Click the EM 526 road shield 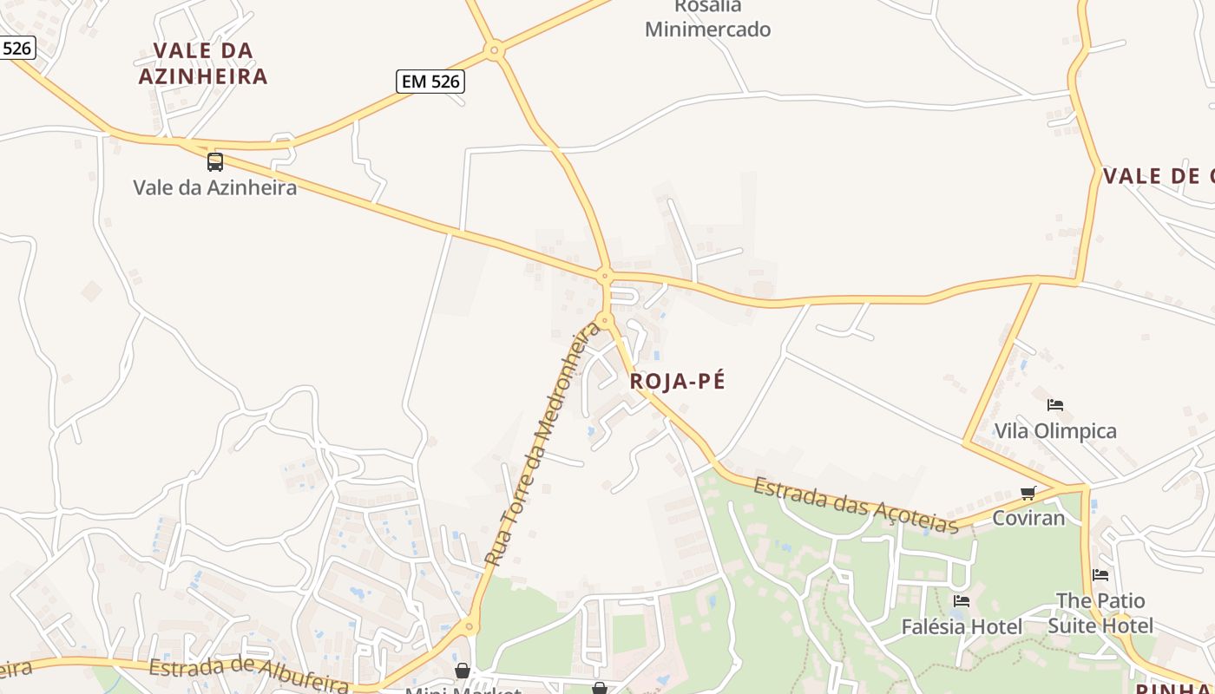point(431,82)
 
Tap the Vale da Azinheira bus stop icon point(214,161)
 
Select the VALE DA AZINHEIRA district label point(203,63)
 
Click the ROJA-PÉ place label point(677,381)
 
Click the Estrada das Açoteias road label point(855,505)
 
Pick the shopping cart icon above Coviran point(1028,494)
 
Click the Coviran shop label point(1028,518)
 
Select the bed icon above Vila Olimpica point(1055,404)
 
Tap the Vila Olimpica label point(1055,431)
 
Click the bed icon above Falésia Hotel point(961,600)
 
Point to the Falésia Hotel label point(962,626)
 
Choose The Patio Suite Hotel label point(1100,613)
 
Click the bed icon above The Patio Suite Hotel point(1100,574)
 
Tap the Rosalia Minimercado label point(707,18)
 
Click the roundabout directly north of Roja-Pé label point(606,319)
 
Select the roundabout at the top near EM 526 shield point(495,51)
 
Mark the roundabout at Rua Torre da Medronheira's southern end point(470,625)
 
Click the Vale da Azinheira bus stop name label point(214,187)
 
